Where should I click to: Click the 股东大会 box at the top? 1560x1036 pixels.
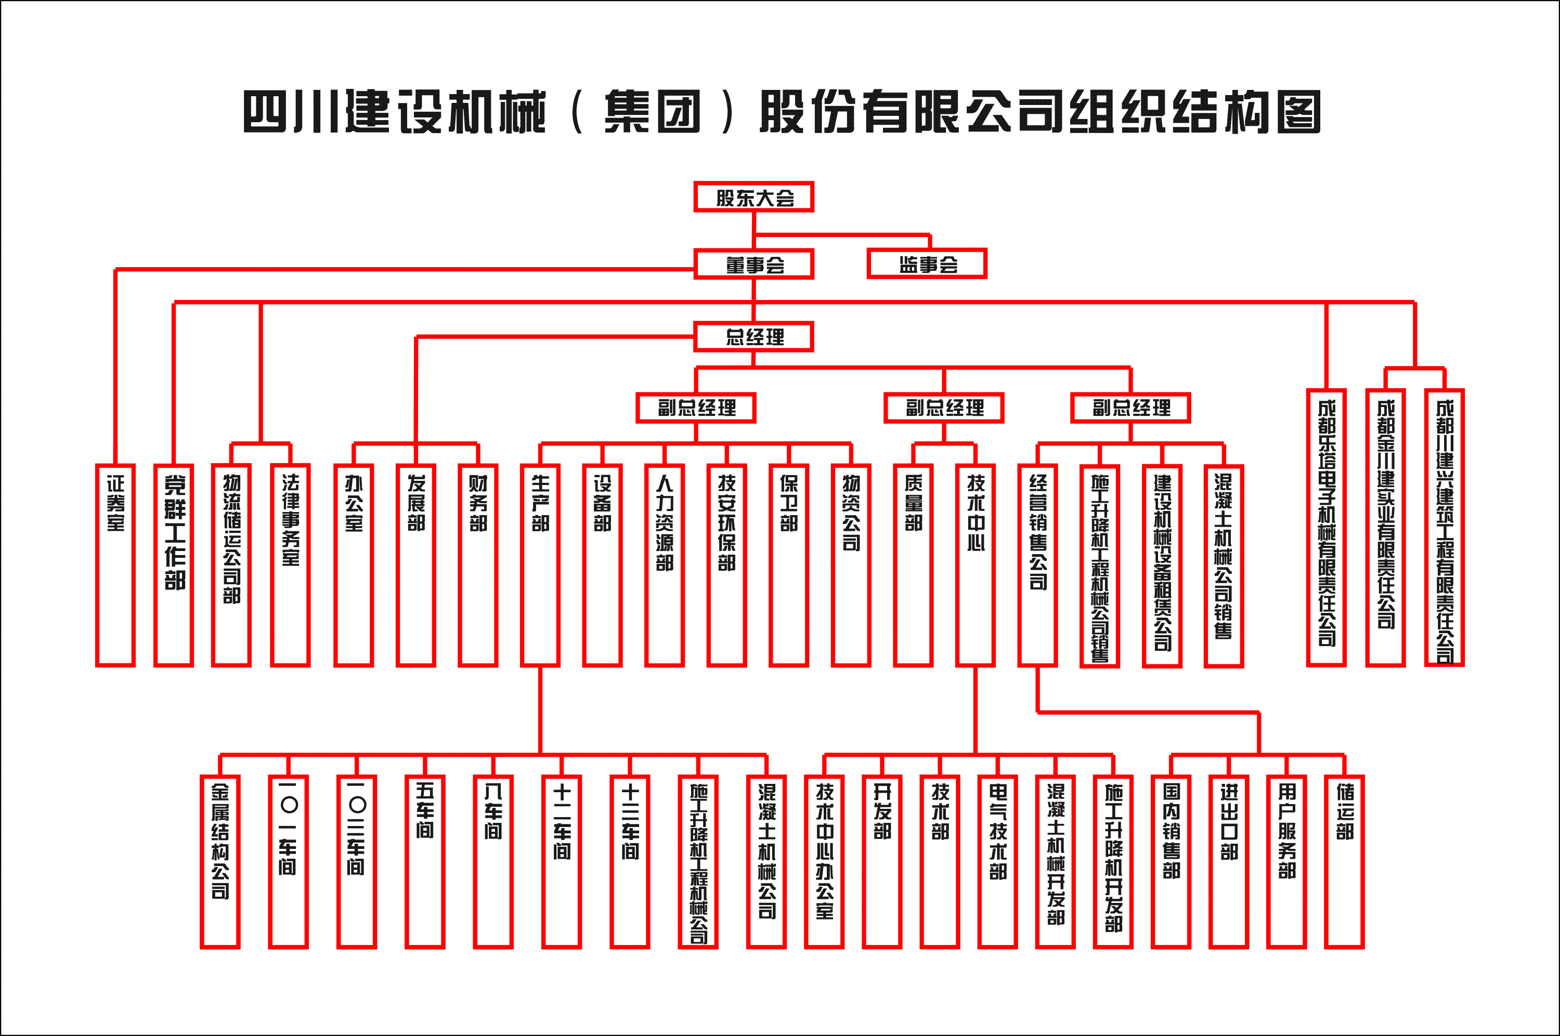point(753,197)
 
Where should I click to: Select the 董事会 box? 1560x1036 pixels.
point(753,264)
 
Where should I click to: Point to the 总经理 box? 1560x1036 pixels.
point(753,337)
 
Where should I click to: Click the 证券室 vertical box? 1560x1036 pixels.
point(115,565)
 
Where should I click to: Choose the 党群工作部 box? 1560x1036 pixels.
point(174,565)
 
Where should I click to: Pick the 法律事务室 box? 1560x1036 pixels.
point(290,565)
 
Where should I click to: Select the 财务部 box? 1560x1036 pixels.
point(478,565)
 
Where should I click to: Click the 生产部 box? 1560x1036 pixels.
point(540,565)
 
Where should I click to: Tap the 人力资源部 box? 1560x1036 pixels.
point(664,565)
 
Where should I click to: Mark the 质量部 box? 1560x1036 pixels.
point(913,565)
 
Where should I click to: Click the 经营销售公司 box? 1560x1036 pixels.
point(1037,565)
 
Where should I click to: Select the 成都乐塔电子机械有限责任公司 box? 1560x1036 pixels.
point(1326,527)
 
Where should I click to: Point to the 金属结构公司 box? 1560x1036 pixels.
point(220,861)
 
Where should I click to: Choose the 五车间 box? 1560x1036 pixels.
point(425,861)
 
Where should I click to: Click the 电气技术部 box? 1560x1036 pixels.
point(998,861)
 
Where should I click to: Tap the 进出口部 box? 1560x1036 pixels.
point(1228,861)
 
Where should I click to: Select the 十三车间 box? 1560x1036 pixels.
point(630,861)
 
